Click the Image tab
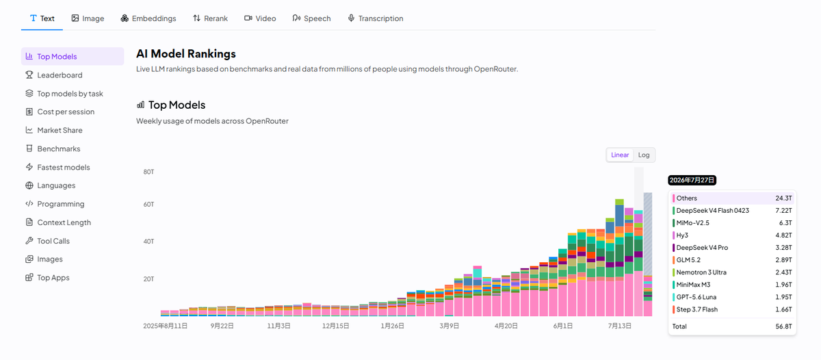pyautogui.click(x=88, y=18)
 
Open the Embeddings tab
pyautogui.click(x=148, y=18)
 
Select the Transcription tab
pyautogui.click(x=376, y=18)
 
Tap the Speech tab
pyautogui.click(x=311, y=18)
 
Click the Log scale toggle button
pyautogui.click(x=644, y=155)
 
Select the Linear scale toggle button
pyautogui.click(x=620, y=155)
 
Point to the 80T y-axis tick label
pyautogui.click(x=148, y=172)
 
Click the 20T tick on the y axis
pyautogui.click(x=148, y=279)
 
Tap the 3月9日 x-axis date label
pyautogui.click(x=449, y=326)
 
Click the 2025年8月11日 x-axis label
pyautogui.click(x=165, y=326)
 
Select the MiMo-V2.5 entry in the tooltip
pyautogui.click(x=692, y=223)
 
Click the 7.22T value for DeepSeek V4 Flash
pyautogui.click(x=783, y=210)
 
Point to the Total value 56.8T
pyautogui.click(x=783, y=326)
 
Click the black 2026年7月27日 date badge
pyautogui.click(x=692, y=180)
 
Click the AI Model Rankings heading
pyautogui.click(x=186, y=54)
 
